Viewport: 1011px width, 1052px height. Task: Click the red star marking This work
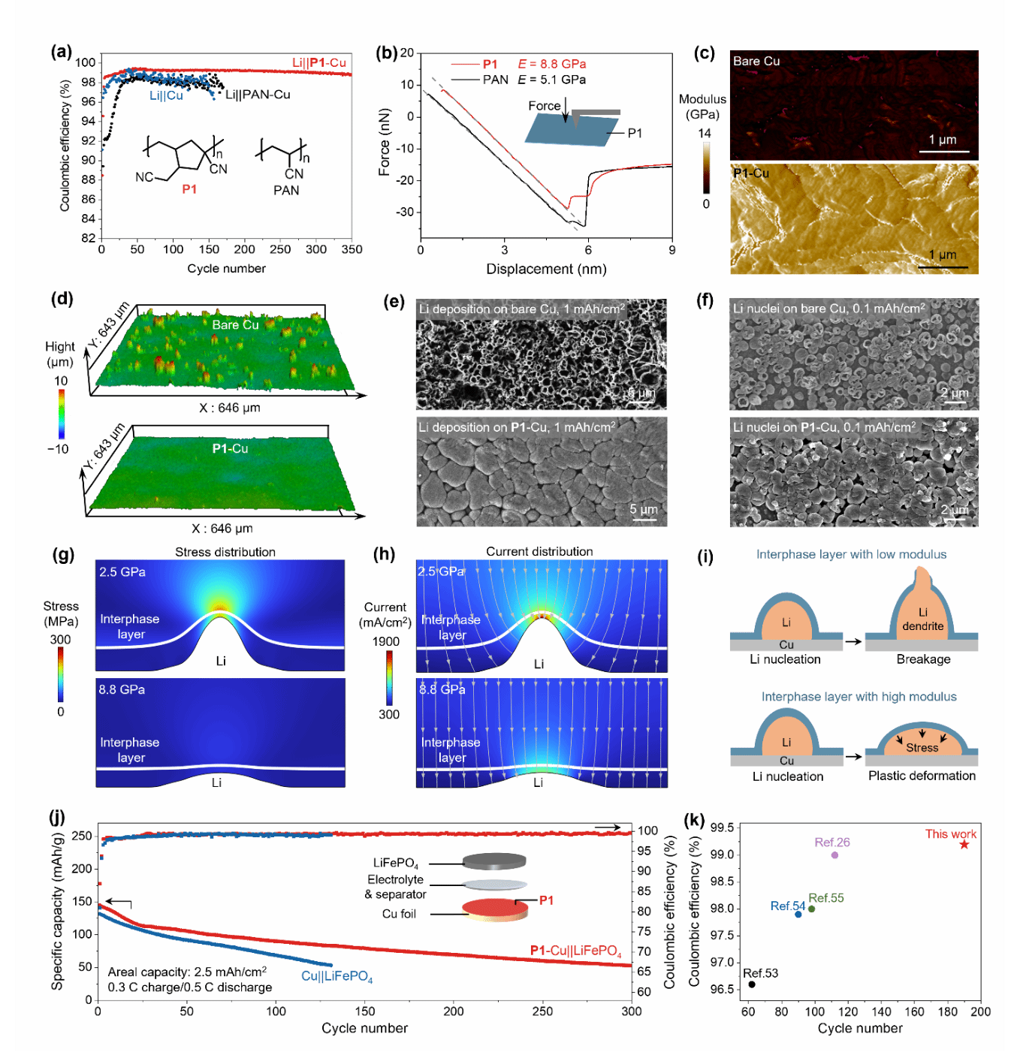click(x=964, y=845)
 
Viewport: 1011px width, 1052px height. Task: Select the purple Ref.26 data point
click(x=834, y=855)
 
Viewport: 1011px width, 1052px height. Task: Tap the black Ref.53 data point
click(x=752, y=984)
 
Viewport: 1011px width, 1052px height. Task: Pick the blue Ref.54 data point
click(x=798, y=914)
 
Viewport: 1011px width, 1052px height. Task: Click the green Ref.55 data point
click(x=811, y=909)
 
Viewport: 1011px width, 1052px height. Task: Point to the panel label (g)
click(x=63, y=555)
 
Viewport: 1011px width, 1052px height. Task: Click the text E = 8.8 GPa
click(x=552, y=65)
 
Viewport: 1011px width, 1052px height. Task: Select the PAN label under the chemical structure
click(x=286, y=191)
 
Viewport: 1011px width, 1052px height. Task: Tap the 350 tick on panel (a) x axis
click(x=352, y=249)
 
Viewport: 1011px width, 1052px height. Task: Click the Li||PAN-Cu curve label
click(x=258, y=95)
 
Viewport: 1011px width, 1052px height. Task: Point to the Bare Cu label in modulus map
click(x=756, y=62)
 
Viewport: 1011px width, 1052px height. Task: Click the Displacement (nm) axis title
click(x=546, y=269)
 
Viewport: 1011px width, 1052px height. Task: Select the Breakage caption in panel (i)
click(x=923, y=659)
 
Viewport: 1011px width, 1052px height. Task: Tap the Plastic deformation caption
click(x=922, y=776)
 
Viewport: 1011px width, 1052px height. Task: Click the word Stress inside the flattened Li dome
click(x=922, y=748)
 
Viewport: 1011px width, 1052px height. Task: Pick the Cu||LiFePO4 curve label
click(x=336, y=976)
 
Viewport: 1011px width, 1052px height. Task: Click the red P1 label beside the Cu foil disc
click(x=546, y=900)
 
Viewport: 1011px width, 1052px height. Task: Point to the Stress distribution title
click(x=225, y=552)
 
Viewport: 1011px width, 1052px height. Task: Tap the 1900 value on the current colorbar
click(x=386, y=641)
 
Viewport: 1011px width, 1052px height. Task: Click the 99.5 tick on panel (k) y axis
click(x=722, y=827)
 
